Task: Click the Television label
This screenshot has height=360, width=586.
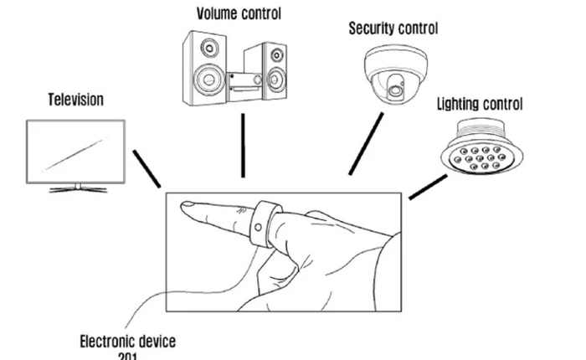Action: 75,100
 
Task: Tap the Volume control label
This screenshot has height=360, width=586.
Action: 239,14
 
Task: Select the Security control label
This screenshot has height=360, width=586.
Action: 393,28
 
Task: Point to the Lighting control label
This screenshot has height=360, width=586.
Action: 480,105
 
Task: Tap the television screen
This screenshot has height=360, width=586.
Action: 75,151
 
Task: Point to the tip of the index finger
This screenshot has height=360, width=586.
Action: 188,204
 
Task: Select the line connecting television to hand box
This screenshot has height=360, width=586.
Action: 146,169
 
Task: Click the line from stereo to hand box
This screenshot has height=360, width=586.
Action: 243,144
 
